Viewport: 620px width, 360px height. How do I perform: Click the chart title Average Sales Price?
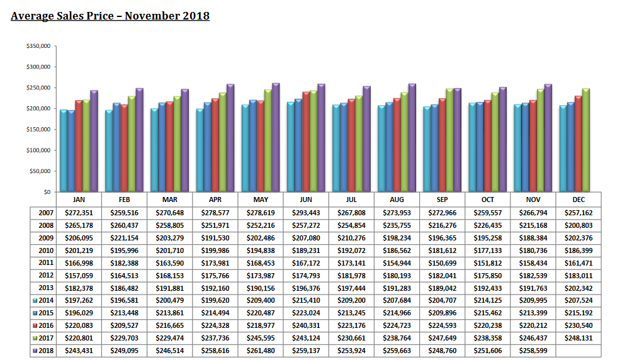[110, 15]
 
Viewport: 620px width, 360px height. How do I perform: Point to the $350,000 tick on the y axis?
[39, 47]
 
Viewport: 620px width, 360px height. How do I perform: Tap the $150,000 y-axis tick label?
[39, 129]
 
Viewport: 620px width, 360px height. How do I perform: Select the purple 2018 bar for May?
[276, 137]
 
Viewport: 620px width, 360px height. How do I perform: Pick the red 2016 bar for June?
[306, 142]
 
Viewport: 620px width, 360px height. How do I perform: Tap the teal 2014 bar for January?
[64, 150]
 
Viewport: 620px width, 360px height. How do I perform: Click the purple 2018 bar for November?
[548, 138]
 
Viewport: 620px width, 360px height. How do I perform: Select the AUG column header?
[397, 199]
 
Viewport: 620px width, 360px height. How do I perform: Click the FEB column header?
[125, 199]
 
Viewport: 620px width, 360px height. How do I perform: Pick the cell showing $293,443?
[306, 213]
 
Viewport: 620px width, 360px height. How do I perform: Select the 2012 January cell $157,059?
[79, 275]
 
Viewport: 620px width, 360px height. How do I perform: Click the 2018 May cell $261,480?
[261, 350]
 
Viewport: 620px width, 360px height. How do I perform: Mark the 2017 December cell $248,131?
[578, 337]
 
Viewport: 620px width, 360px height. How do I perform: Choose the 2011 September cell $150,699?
[442, 262]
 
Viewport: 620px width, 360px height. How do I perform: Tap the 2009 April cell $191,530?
[215, 238]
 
